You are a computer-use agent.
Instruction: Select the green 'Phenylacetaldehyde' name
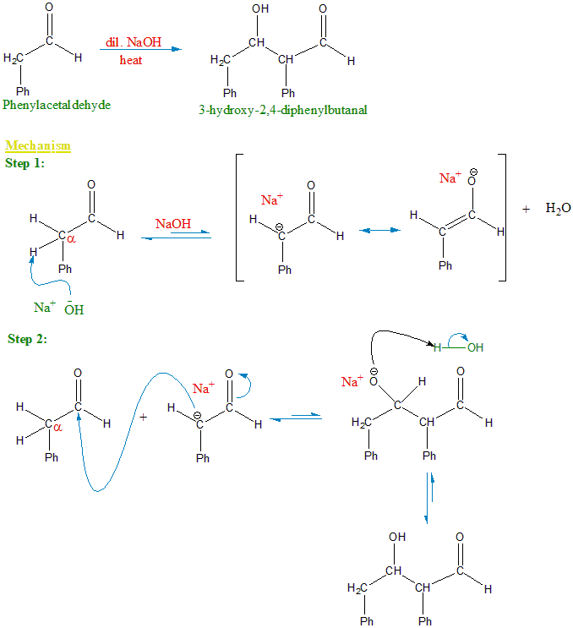coord(57,105)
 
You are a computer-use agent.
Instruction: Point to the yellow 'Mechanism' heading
coord(38,146)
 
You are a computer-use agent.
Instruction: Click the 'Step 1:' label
coord(25,162)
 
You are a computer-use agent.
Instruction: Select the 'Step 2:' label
coord(27,339)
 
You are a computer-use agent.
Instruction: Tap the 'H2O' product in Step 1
coord(559,209)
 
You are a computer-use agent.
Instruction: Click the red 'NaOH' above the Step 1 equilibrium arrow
coord(173,224)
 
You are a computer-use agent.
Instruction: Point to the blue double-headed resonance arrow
coord(378,229)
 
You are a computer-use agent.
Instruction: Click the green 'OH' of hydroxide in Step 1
coord(74,309)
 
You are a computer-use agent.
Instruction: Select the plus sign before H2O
coord(526,209)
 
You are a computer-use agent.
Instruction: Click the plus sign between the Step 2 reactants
coord(142,417)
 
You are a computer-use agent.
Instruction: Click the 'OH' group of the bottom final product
coord(397,538)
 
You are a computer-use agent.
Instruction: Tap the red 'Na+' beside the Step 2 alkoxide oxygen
coord(352,382)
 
